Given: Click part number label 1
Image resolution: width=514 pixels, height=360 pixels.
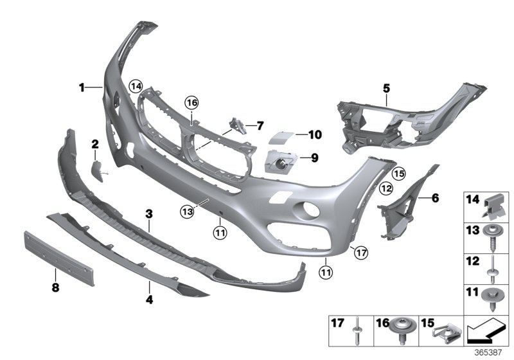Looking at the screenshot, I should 82,87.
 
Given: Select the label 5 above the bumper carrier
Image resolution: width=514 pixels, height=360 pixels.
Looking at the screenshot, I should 386,87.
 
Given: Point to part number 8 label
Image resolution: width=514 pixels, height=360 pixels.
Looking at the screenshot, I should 55,288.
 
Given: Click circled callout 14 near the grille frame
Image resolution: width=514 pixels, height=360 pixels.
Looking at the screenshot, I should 135,85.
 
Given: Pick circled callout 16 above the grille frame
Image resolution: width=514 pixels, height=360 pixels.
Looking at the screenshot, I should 191,102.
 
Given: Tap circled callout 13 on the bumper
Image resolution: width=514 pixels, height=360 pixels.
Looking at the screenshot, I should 187,210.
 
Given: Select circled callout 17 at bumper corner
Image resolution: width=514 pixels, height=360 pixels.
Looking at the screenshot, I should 361,253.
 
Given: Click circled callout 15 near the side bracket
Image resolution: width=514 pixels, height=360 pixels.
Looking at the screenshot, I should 398,174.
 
